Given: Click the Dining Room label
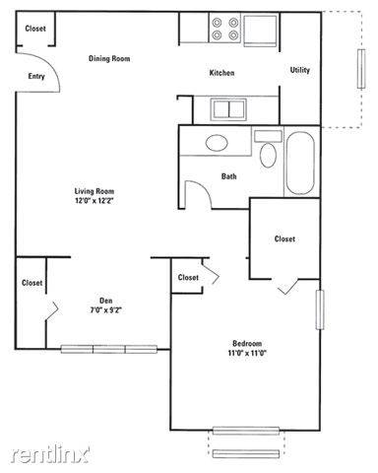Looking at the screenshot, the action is [109, 58].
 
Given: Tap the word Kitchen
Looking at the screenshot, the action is [221, 73].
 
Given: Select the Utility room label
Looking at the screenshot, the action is [300, 70].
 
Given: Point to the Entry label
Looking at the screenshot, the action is [36, 76].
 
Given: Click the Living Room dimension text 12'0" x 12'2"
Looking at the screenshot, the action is [94, 201].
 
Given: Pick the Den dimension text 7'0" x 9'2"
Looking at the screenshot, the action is [106, 309].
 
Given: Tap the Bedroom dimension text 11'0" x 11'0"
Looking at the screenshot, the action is [247, 353].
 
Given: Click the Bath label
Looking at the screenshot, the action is [228, 176].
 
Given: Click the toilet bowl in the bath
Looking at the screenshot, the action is [268, 155].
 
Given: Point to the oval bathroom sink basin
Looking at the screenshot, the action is [217, 143].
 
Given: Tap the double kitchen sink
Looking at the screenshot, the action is [228, 109].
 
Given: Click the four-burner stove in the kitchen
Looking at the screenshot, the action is [224, 29].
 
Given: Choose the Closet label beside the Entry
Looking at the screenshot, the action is [35, 29].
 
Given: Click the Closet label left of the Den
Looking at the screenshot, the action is [31, 283].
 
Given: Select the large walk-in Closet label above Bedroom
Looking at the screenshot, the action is [284, 238].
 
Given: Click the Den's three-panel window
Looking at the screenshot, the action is [109, 349].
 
